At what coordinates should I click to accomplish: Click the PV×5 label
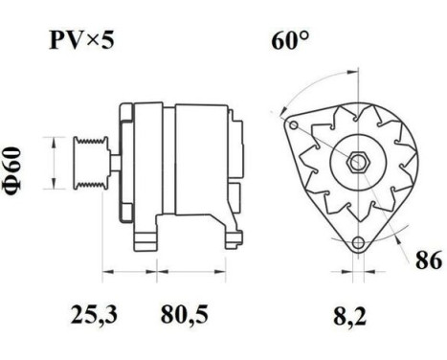(x=82, y=41)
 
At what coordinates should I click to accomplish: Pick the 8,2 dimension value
(x=353, y=313)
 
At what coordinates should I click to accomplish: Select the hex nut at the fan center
(x=355, y=163)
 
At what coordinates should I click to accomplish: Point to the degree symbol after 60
(x=305, y=35)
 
